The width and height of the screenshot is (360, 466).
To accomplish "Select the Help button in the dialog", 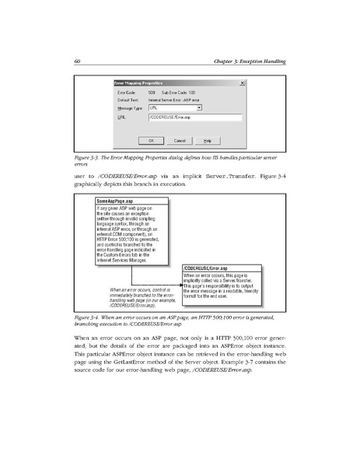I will point(207,140).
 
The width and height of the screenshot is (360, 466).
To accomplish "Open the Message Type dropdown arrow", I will point(200,108).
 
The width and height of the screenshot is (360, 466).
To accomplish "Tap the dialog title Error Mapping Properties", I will point(139,82).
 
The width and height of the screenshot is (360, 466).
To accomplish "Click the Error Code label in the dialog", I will point(127,93).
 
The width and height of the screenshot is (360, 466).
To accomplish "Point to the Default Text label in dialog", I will point(128,100).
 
